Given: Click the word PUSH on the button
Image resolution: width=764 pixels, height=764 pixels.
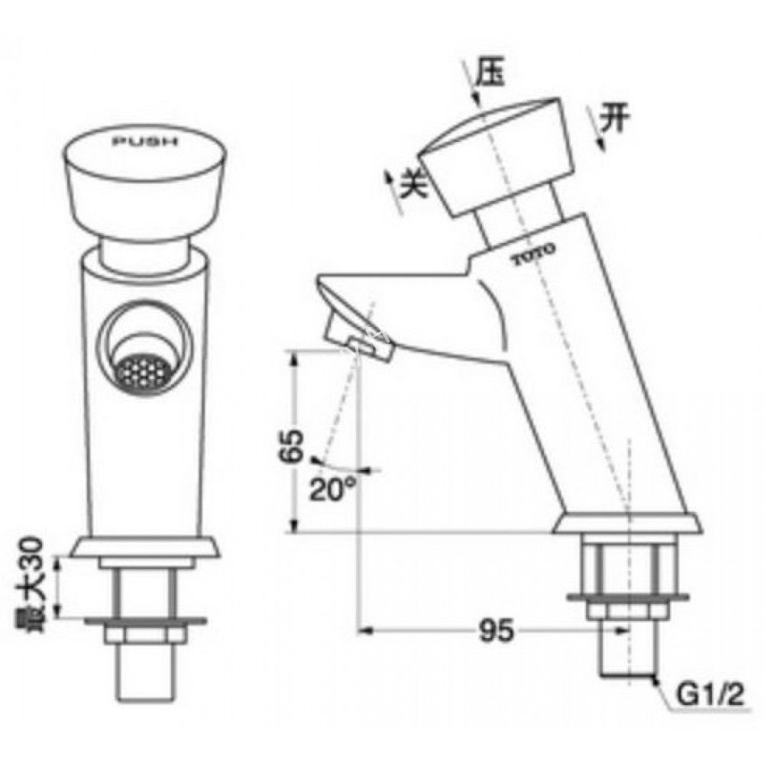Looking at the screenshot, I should tap(144, 142).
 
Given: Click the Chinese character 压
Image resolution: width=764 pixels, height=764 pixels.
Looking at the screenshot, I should tap(490, 74).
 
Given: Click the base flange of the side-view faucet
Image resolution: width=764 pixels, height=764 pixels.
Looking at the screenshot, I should tap(626, 525).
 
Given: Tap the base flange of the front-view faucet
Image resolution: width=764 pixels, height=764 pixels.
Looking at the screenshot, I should tap(145, 547).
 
